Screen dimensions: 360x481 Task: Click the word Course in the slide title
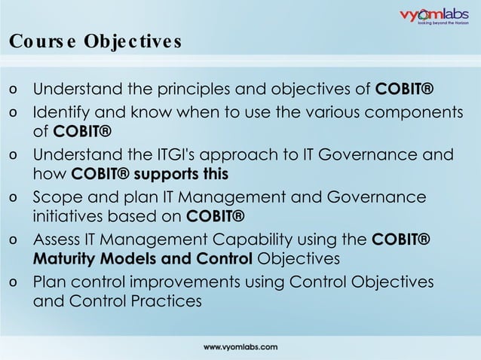[40, 41]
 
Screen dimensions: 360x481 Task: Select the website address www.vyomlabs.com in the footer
[240, 346]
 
